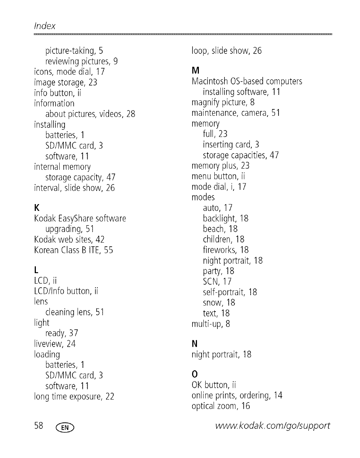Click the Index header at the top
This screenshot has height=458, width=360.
coord(45,26)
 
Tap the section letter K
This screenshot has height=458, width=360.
coord(37,208)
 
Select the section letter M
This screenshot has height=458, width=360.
coord(195,71)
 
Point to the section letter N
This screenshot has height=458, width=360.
coord(195,344)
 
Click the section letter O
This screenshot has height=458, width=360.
coord(195,374)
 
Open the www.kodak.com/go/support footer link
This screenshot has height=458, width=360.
coord(272,426)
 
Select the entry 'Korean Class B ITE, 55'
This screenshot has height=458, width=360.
coord(74,250)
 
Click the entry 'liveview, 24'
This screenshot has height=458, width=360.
coord(55,344)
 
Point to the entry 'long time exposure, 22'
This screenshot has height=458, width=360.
coord(74,397)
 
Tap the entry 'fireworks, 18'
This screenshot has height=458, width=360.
coord(226,250)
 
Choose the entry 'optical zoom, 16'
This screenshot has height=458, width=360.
coord(221,406)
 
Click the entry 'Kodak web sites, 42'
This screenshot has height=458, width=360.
coord(69,240)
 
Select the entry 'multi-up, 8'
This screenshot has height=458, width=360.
coord(211,324)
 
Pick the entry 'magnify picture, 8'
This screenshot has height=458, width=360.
coord(223,102)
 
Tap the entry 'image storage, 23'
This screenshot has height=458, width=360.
coord(66,82)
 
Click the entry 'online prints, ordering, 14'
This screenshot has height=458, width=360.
coord(237,395)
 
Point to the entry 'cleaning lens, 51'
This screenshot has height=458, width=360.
coord(74,312)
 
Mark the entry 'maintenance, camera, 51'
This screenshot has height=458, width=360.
coord(235,113)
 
